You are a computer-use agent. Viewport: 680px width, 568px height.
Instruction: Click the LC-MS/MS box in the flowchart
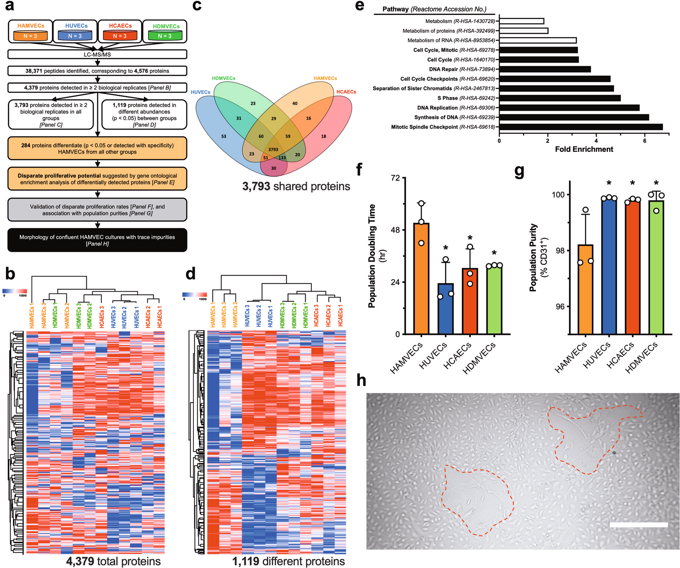point(97,54)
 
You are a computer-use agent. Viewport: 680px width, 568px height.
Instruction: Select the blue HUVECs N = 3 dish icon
point(75,35)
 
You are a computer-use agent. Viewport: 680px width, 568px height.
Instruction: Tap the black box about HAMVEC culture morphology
point(97,240)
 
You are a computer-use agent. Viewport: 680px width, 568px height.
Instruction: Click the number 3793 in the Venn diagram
point(273,149)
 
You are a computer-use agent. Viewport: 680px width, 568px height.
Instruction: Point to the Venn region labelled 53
point(224,136)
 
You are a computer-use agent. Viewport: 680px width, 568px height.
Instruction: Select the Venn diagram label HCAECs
point(346,92)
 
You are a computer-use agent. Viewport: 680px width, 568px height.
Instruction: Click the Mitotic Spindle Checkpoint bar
point(581,127)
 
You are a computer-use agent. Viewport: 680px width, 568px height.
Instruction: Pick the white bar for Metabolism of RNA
point(538,40)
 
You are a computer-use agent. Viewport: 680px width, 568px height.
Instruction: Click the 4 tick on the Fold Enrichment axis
point(596,141)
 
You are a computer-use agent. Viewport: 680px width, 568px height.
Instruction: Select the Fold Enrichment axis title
point(584,149)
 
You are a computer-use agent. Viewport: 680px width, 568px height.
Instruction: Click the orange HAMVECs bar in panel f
point(421,279)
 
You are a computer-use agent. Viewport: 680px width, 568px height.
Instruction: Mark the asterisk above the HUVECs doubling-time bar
point(445,249)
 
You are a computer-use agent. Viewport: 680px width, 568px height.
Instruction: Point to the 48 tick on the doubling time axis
point(397,230)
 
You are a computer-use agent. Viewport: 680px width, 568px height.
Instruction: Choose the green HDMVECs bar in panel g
point(656,267)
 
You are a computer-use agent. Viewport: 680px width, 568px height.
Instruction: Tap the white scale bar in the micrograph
point(638,525)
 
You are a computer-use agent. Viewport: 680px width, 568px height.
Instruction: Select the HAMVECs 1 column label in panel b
point(32,315)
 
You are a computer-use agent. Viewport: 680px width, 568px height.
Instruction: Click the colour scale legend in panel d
point(194,295)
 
